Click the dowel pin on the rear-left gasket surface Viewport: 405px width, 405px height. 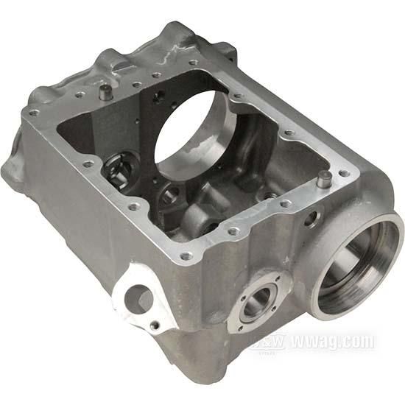(x=107, y=92)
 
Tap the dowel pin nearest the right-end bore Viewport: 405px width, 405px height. (x=323, y=178)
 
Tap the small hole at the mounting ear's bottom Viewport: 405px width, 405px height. (x=154, y=325)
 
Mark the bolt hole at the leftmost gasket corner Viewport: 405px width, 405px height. (x=34, y=113)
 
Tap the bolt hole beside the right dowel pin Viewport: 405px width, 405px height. (x=343, y=174)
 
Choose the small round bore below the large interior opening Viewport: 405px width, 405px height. (x=170, y=194)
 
